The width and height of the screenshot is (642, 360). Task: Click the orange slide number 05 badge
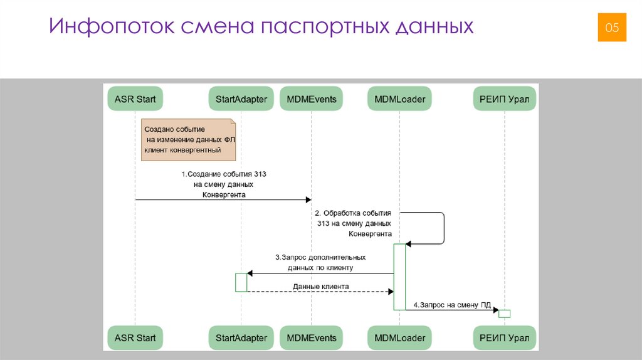pos(611,28)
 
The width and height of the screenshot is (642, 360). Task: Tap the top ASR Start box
pos(135,98)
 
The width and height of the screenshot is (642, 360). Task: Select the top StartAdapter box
pos(241,98)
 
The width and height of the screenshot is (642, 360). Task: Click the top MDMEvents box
pos(311,98)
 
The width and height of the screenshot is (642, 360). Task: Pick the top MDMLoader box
pos(399,98)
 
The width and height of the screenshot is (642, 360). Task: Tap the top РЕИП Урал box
pos(504,98)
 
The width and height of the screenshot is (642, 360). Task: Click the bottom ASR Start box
pos(135,338)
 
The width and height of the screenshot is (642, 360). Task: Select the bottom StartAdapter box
pos(241,338)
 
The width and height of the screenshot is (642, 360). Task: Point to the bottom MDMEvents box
pos(311,338)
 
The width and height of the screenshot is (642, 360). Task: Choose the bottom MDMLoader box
pos(399,338)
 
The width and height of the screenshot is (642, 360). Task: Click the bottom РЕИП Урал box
pos(504,338)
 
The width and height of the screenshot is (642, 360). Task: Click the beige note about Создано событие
pos(188,139)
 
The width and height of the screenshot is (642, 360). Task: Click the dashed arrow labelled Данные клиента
pos(320,292)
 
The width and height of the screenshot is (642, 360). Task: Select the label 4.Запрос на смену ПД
pos(451,305)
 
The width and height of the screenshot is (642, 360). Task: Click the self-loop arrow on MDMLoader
pos(444,228)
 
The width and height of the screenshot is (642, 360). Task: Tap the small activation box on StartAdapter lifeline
pos(241,282)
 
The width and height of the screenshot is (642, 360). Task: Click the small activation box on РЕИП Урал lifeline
pos(505,314)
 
